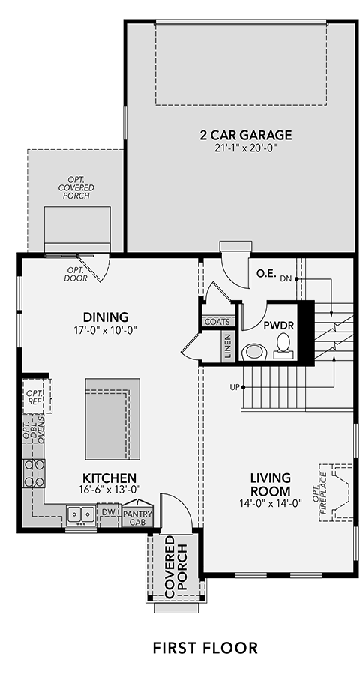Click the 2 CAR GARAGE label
245,135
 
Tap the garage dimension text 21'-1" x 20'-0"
245,148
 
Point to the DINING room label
106,316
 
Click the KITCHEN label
109,478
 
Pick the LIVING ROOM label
271,484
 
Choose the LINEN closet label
228,346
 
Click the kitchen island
112,418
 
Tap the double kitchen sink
80,514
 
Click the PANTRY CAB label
137,517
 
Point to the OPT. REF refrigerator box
37,396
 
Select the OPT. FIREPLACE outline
338,493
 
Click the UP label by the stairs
235,387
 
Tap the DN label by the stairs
286,278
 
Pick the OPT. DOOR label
76,274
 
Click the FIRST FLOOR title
205,648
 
